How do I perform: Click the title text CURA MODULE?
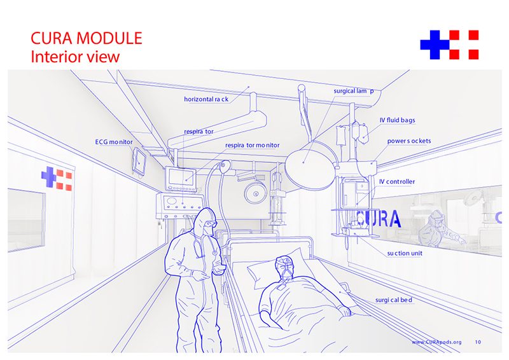click(x=87, y=38)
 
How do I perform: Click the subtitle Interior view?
click(x=75, y=57)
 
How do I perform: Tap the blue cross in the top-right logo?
click(x=435, y=45)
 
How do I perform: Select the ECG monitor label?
click(x=114, y=142)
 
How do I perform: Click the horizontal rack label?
click(x=206, y=99)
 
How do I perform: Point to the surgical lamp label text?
click(x=354, y=91)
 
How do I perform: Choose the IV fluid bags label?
click(x=397, y=120)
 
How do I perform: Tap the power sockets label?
click(x=409, y=141)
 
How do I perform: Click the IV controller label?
click(x=397, y=182)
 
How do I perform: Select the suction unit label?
click(x=405, y=253)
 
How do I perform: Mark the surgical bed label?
click(x=394, y=300)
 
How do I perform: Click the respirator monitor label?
click(x=252, y=146)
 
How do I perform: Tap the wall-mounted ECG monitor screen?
click(x=139, y=160)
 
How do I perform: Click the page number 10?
click(x=478, y=342)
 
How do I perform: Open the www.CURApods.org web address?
click(x=436, y=342)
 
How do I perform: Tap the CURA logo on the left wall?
click(x=57, y=177)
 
